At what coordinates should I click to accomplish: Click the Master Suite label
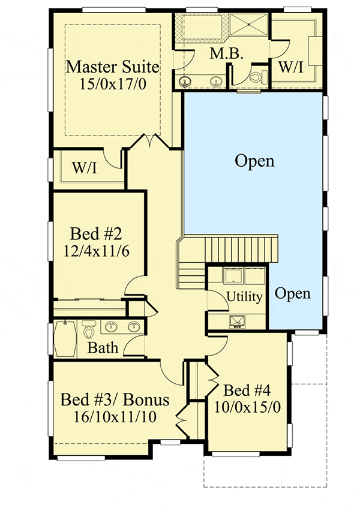point(113,67)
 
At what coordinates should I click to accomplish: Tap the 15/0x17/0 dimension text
point(113,83)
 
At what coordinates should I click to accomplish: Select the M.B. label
point(226,54)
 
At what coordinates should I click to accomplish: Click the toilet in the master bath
point(256,77)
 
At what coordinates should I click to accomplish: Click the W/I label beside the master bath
point(291,67)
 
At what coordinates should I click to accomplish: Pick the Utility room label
point(244,296)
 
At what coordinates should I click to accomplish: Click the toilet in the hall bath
point(88,330)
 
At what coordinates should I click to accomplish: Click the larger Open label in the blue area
point(254,161)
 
